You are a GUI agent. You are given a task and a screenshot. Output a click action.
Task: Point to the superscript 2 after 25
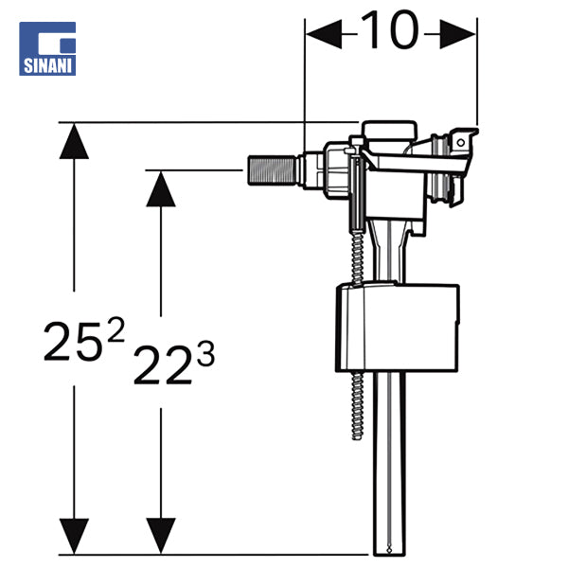tap(115, 328)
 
